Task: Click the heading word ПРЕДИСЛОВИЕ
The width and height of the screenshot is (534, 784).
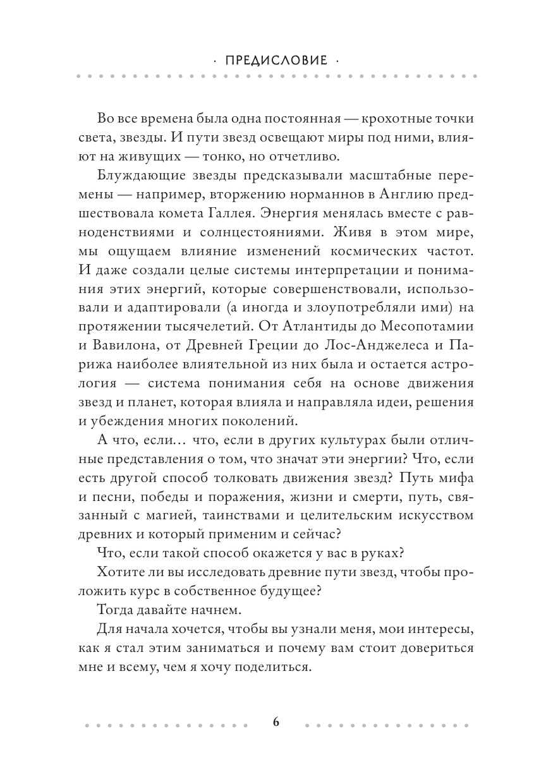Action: click(276, 61)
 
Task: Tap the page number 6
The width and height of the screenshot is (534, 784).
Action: click(276, 723)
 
